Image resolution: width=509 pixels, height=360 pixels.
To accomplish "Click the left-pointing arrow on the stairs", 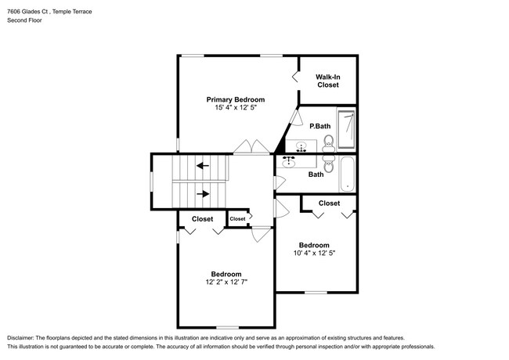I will click(203, 165).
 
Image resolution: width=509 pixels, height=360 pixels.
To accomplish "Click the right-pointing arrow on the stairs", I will click(203, 193).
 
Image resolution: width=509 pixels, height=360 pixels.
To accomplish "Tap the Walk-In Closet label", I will click(327, 80).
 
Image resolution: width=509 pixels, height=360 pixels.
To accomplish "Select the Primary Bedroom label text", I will click(235, 99).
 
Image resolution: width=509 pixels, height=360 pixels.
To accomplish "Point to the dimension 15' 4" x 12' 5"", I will click(235, 108).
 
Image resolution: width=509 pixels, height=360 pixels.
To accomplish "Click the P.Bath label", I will click(319, 126).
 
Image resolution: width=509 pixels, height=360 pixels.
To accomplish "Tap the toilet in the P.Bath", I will click(329, 142).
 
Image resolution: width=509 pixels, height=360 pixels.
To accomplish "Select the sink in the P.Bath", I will click(301, 145).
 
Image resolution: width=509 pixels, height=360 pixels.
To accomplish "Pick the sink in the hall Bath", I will click(288, 162).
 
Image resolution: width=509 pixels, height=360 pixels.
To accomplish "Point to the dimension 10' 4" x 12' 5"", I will click(313, 253).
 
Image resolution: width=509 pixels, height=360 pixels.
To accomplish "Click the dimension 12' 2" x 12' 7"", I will click(226, 282).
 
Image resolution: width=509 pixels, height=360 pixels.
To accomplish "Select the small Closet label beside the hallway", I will click(237, 219).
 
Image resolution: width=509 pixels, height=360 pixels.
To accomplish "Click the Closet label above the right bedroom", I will click(329, 203).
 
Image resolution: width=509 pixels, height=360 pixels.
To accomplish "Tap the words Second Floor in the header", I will click(25, 20).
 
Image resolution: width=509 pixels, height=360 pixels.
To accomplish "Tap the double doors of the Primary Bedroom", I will click(252, 146).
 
